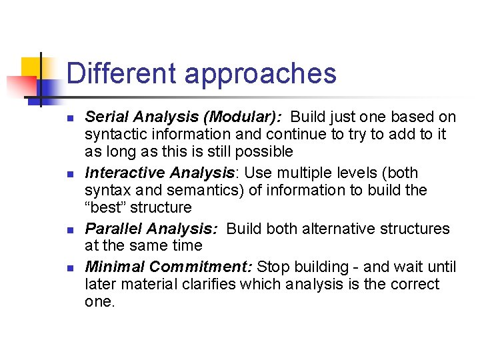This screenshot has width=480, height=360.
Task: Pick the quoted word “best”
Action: coord(105,207)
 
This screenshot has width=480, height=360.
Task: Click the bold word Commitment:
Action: coord(201,267)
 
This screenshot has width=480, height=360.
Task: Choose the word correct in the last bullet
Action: coord(415,285)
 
